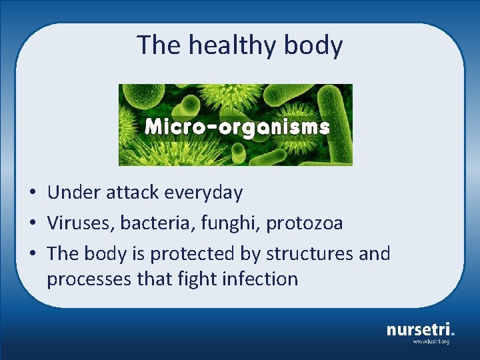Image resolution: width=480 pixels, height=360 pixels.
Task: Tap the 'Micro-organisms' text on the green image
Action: [237, 127]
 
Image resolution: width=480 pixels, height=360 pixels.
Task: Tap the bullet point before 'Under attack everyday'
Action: [32, 193]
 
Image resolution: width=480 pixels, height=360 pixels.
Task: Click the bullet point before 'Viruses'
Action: [32, 224]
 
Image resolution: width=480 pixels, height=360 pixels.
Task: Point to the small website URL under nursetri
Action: [431, 341]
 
